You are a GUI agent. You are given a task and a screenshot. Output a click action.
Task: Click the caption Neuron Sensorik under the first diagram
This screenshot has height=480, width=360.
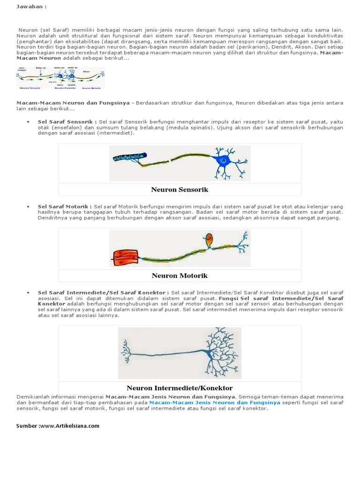pyautogui.click(x=180, y=190)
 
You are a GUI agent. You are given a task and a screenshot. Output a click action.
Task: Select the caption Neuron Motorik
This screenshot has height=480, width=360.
pyautogui.click(x=180, y=276)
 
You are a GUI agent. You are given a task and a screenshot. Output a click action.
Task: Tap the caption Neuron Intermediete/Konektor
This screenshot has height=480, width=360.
pyautogui.click(x=180, y=388)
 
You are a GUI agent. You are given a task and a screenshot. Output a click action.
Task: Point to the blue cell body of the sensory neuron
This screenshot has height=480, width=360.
pyautogui.click(x=224, y=160)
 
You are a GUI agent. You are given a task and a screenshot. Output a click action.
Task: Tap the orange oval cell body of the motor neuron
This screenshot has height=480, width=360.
pyautogui.click(x=209, y=240)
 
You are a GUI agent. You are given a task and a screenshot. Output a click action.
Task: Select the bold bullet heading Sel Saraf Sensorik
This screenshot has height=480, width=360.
pyautogui.click(x=67, y=121)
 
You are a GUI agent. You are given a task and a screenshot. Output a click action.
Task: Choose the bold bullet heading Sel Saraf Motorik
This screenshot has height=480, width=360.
pyautogui.click(x=65, y=206)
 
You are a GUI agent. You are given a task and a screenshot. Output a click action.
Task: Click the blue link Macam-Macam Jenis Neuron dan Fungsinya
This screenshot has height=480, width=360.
pyautogui.click(x=215, y=403)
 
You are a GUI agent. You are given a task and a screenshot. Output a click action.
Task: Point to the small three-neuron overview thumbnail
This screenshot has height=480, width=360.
pyautogui.click(x=61, y=78)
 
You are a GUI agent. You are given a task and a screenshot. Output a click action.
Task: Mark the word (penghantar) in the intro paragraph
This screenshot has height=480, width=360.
pyautogui.click(x=33, y=41)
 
